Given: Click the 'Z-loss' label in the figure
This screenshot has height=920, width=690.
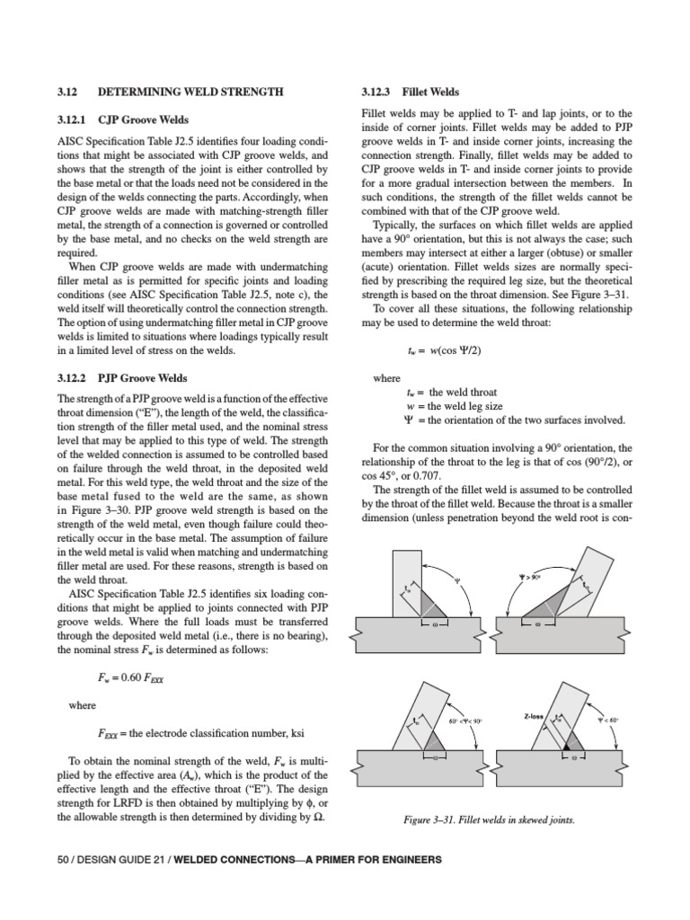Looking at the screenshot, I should point(536,716).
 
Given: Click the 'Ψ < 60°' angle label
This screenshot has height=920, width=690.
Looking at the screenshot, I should point(608,721).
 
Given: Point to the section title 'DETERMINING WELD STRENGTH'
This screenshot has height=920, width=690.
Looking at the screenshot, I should point(190,92).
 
